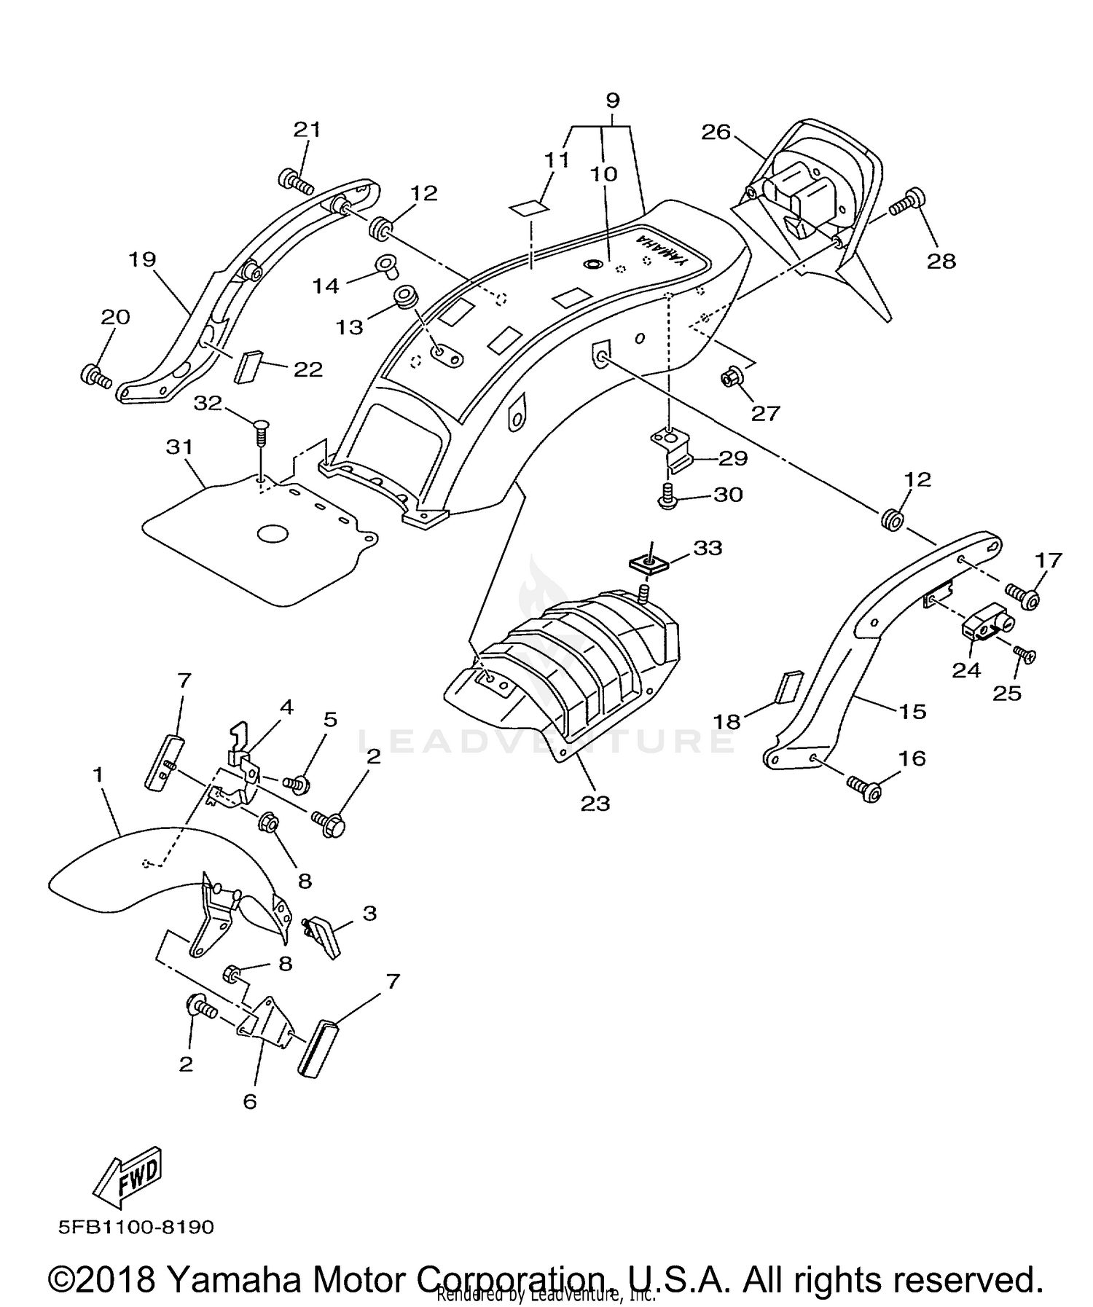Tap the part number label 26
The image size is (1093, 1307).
point(716,132)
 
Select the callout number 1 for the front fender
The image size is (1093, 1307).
point(98,776)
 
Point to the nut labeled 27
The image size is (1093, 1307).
point(731,377)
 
